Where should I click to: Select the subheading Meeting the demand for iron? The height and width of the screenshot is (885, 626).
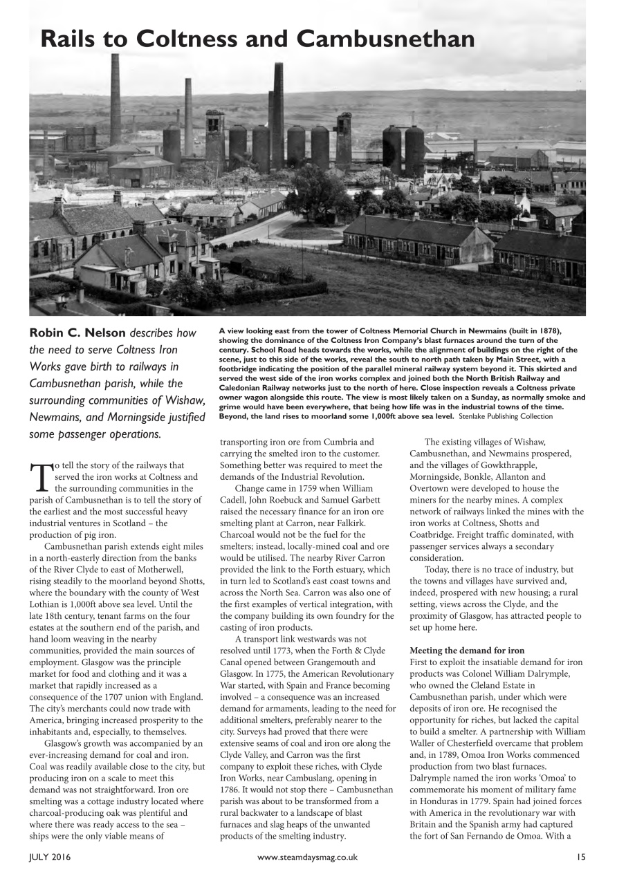coord(467,651)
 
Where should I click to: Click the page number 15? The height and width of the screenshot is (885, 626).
coord(580,857)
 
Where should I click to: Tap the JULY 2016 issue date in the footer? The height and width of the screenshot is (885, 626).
coord(49,857)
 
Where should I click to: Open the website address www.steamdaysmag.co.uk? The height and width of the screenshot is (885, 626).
coord(307,857)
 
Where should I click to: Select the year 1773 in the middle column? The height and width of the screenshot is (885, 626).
coord(314,640)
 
